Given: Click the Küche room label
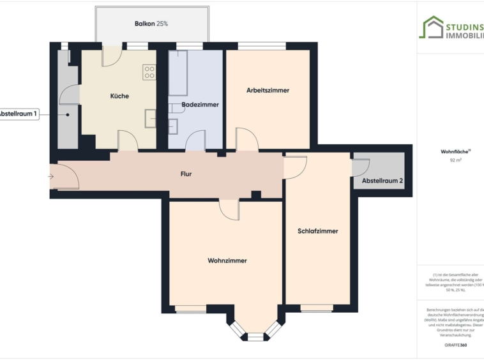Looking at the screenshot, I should click(119, 96).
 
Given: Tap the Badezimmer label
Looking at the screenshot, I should click(200, 104).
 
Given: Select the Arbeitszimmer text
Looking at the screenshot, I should click(268, 91).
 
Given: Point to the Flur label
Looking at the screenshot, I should click(186, 174).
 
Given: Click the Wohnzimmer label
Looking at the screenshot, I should click(227, 260).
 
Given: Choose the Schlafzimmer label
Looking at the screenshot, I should click(317, 231).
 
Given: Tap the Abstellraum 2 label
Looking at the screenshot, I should click(382, 181).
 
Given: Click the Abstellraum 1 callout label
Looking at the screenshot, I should click(18, 114).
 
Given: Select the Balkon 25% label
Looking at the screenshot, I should click(151, 24).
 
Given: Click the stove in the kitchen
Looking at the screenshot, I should click(150, 72).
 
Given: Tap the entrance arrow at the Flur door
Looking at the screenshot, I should click(50, 177).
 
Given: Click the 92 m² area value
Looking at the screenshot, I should click(455, 161).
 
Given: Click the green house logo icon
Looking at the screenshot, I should click(431, 27).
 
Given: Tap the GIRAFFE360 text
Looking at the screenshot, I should click(455, 345).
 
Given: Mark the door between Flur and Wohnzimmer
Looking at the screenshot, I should click(229, 207).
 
